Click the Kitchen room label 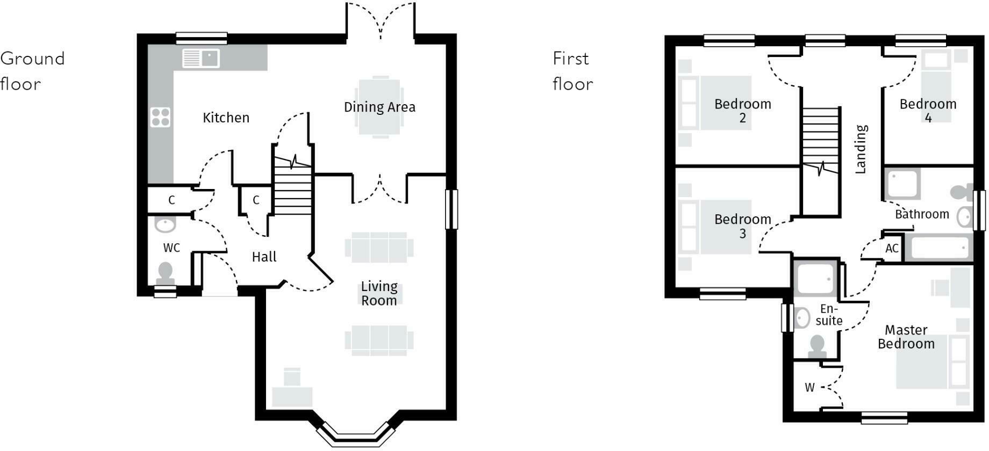[226, 118]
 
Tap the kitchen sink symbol [201, 58]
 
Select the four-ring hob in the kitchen [161, 117]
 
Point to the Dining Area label [379, 107]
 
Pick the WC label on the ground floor [171, 248]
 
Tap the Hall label [264, 257]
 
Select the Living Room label [379, 293]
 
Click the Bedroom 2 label [742, 111]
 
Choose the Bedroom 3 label [742, 226]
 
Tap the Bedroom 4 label [928, 111]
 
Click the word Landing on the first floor [861, 149]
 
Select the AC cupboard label [892, 249]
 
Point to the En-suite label [828, 315]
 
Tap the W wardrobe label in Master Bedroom [809, 388]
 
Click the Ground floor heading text [32, 71]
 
